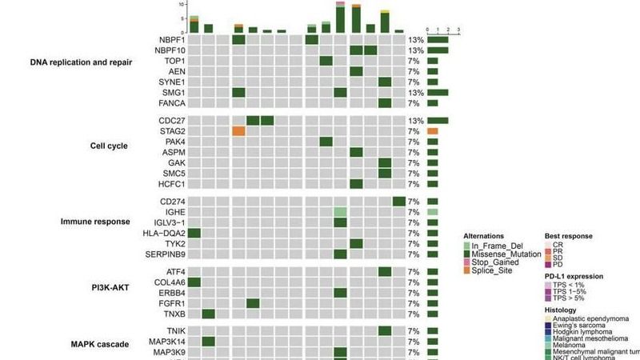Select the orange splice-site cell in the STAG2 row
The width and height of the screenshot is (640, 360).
[x=238, y=131]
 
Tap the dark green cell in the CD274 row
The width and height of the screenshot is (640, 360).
[x=399, y=201]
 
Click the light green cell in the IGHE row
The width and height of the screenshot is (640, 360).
[x=341, y=212]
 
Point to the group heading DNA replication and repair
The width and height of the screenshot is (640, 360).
[x=81, y=61]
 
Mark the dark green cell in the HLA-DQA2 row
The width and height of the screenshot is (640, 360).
[x=194, y=233]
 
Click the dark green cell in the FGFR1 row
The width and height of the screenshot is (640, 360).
[x=253, y=303]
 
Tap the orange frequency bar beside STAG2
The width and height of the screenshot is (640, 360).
[x=433, y=131]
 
